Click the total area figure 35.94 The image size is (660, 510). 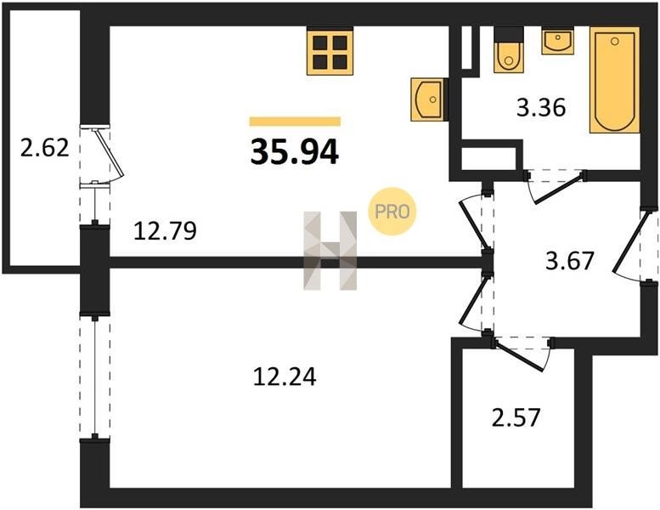click(294, 151)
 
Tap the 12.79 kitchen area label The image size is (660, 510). click(165, 231)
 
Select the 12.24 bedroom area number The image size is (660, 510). click(285, 377)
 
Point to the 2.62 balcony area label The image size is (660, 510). click(45, 148)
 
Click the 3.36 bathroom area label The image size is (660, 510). click(541, 107)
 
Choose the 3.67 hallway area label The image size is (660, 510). click(569, 261)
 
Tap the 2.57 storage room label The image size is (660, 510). click(516, 417)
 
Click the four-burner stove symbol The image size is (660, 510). click(330, 50)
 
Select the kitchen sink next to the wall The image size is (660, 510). click(427, 99)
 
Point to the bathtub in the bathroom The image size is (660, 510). click(614, 80)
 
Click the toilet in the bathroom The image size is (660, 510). click(509, 50)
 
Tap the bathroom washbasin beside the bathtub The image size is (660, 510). click(558, 41)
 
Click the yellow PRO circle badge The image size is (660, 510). click(392, 211)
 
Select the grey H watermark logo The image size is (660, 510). click(330, 251)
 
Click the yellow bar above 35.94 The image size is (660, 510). click(295, 122)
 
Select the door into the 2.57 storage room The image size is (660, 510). click(521, 357)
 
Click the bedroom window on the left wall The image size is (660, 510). click(95, 377)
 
